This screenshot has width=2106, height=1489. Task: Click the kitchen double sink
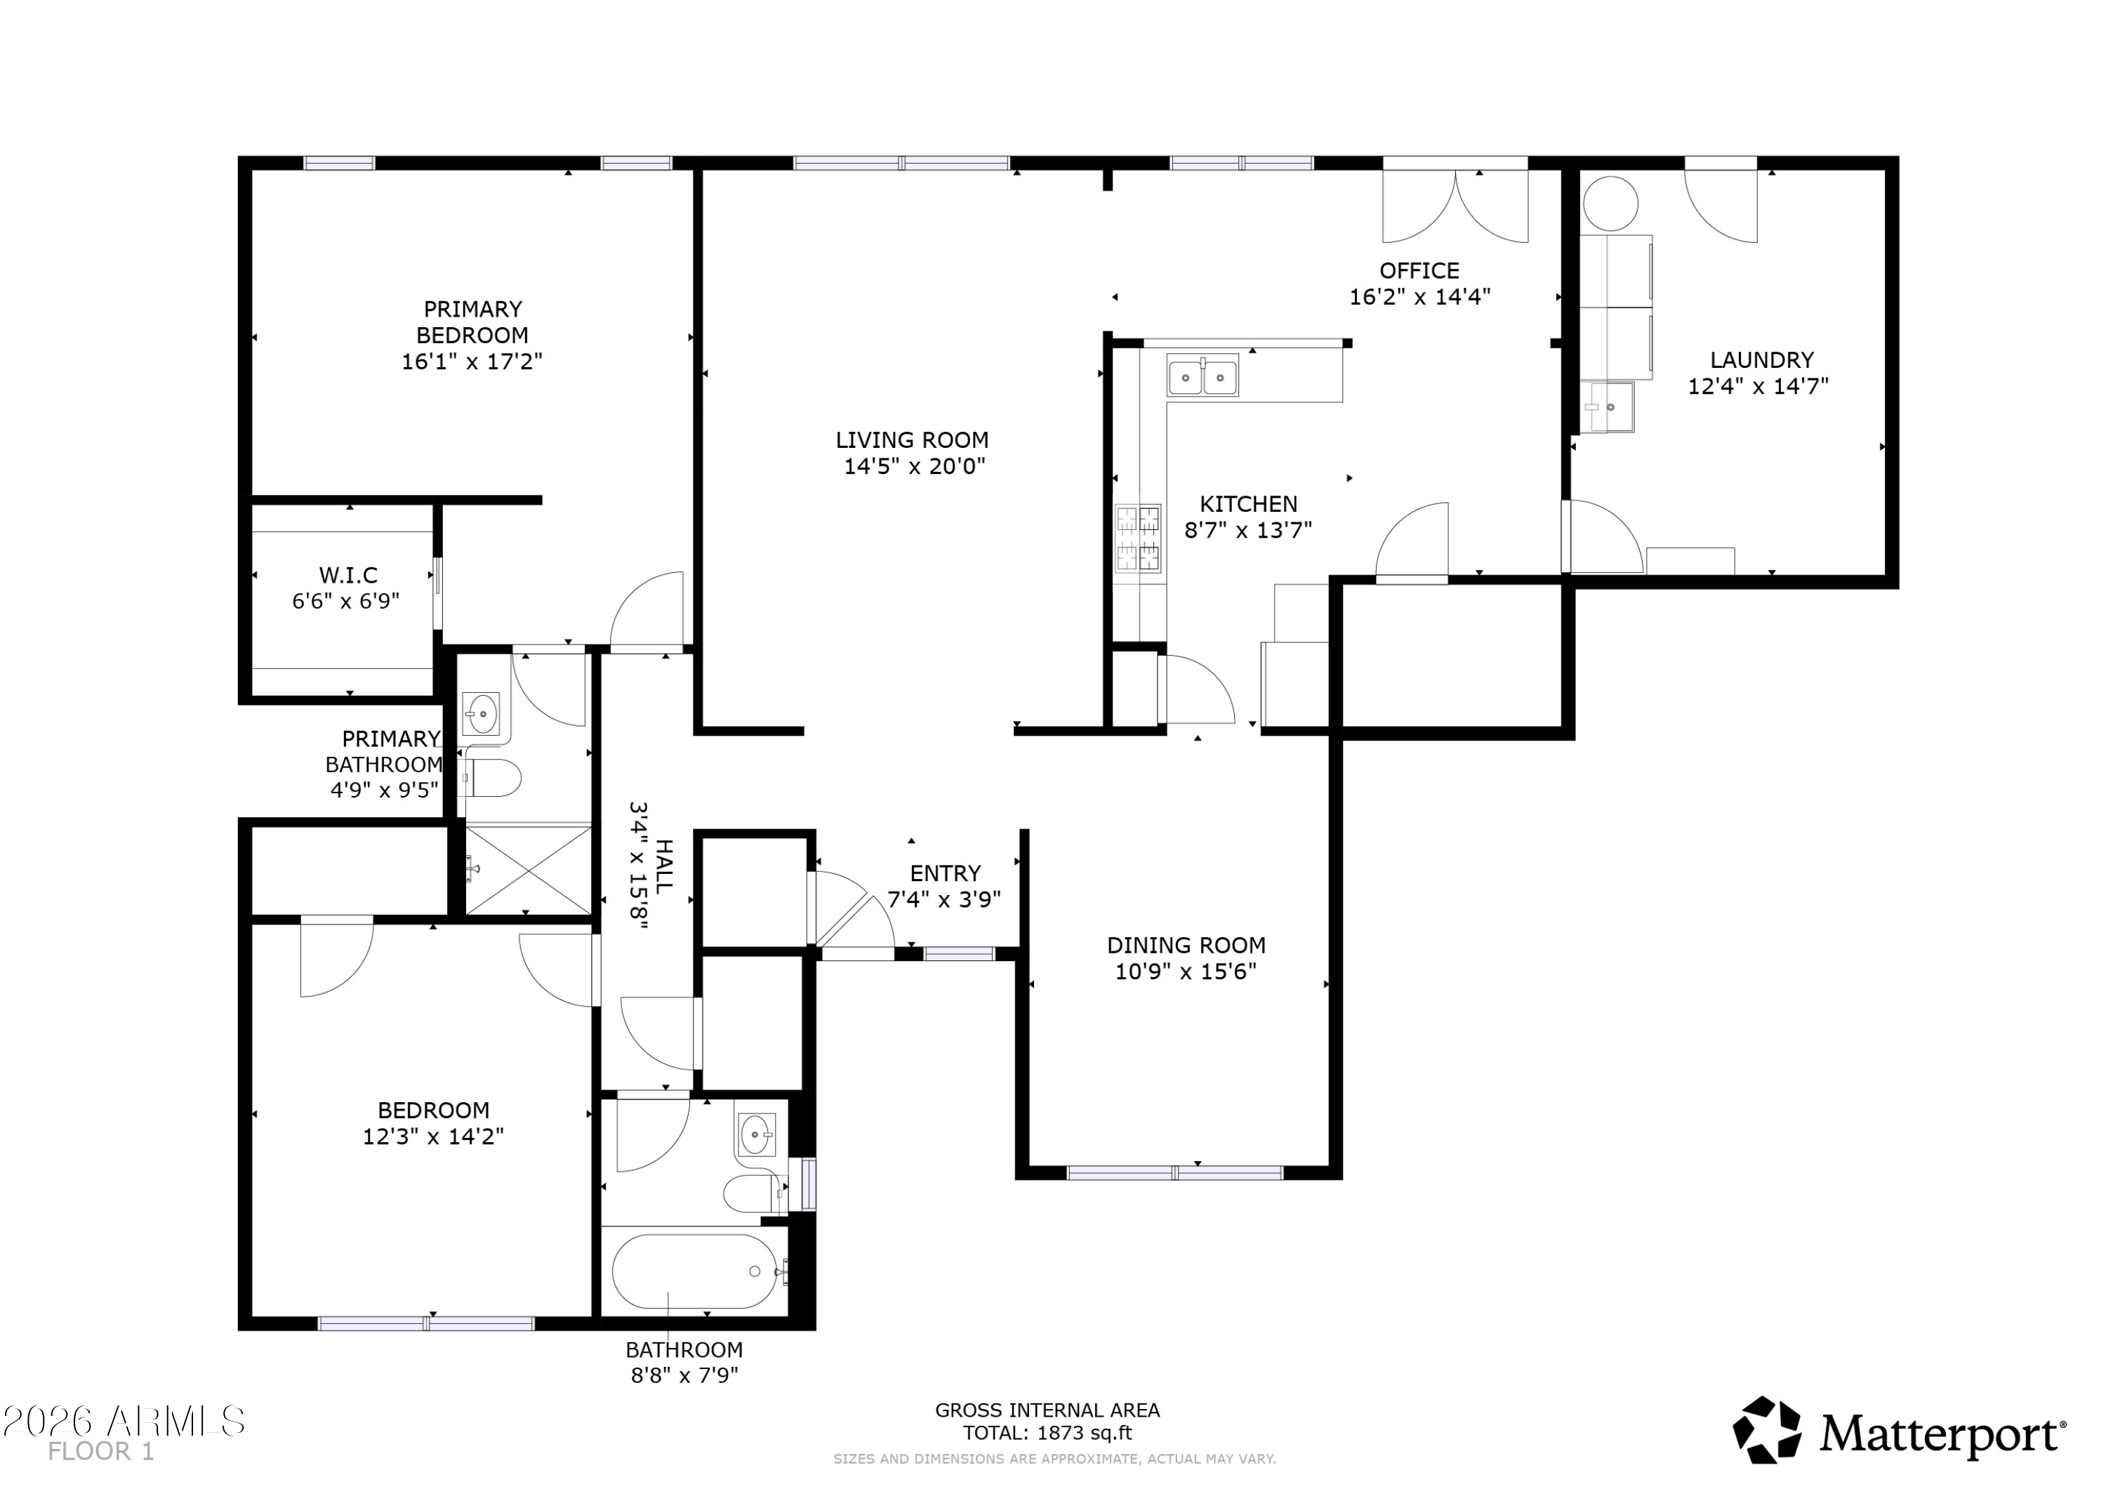1203,376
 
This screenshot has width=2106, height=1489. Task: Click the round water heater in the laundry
1610,204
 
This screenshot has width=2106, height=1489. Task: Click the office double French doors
1456,203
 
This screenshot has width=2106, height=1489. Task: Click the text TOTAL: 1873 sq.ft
1047,1433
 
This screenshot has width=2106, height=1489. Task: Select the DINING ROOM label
1186,946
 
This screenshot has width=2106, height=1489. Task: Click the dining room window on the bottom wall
1175,1172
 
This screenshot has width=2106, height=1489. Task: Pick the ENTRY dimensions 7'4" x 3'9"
944,899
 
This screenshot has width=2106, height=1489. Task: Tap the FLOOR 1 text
101,1451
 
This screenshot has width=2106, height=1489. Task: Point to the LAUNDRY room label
1762,359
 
